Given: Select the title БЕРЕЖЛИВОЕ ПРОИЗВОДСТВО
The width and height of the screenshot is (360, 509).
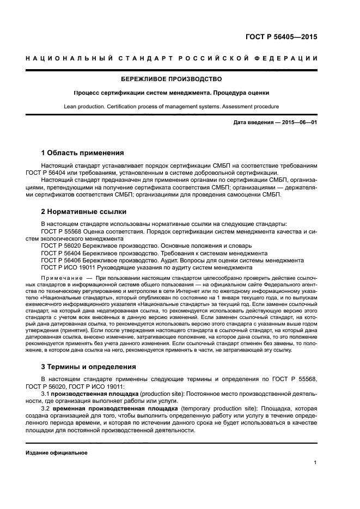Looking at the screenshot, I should tap(172, 79).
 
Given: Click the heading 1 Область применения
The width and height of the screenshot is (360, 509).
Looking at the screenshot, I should tap(82, 152).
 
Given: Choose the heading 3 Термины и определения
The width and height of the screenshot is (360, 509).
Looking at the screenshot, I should tap(89, 366).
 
